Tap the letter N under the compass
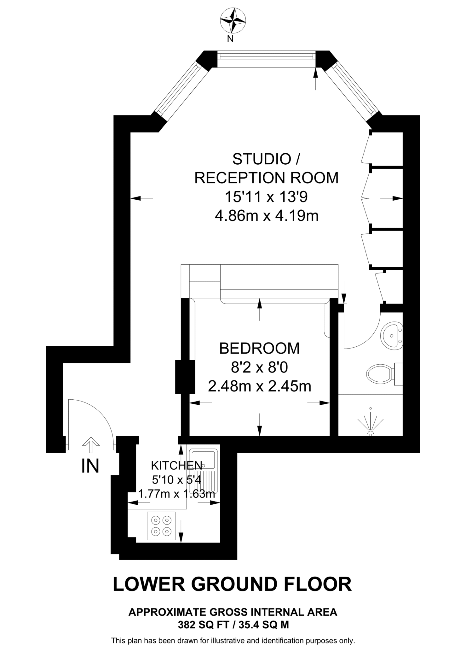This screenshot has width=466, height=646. [230, 39]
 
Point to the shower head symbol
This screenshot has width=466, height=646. [371, 424]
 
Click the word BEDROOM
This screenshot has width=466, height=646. [259, 349]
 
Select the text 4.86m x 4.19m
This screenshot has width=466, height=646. [267, 216]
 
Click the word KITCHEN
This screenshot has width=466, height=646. [176, 465]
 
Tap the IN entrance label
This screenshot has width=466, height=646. [90, 466]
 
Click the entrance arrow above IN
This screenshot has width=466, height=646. [91, 444]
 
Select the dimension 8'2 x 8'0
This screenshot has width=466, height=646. [259, 367]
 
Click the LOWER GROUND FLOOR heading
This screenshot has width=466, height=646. [232, 584]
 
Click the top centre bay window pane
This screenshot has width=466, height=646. [267, 56]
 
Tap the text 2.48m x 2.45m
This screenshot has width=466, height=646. [259, 386]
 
